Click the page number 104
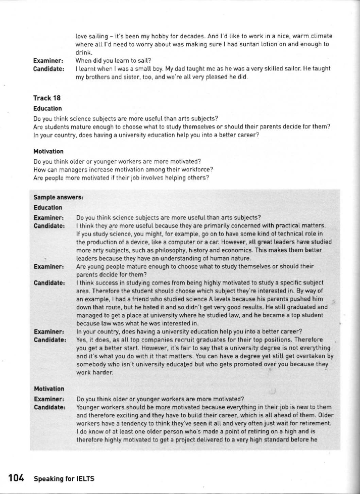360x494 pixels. (x=16, y=478)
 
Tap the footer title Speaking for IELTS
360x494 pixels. (x=64, y=479)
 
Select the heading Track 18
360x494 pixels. (x=47, y=98)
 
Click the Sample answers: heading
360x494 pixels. (x=58, y=197)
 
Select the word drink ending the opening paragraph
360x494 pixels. (x=82, y=52)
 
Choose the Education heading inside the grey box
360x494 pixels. (x=48, y=208)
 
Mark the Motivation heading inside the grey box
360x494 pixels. (x=49, y=389)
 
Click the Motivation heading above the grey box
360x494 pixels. (x=48, y=151)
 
